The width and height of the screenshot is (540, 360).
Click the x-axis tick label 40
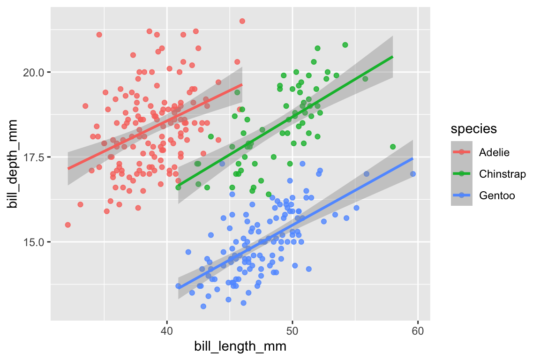[166, 330]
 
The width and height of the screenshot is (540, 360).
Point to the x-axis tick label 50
[292, 330]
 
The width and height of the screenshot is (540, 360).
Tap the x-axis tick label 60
[418, 330]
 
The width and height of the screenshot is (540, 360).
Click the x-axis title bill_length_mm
[240, 347]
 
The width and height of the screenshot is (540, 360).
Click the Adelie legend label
[494, 152]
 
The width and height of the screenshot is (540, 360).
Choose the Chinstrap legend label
[502, 174]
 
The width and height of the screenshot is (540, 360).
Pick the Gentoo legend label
[497, 195]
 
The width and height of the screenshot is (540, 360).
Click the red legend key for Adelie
[462, 152]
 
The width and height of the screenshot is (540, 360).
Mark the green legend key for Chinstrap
[462, 174]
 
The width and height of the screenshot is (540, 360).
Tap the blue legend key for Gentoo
[462, 195]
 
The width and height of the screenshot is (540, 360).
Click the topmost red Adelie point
[242, 21]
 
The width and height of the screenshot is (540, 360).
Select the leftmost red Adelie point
[67, 225]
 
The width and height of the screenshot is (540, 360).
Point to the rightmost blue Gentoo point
[413, 174]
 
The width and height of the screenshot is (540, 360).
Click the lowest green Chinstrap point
[269, 194]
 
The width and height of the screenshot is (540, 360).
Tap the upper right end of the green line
[392, 57]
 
